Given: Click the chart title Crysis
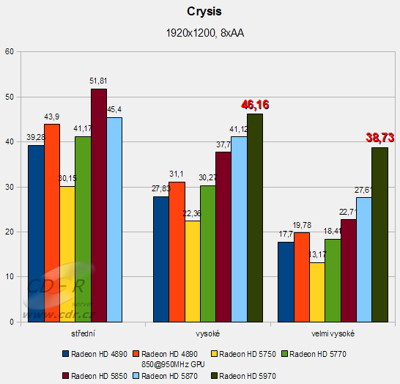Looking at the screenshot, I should tap(199, 12).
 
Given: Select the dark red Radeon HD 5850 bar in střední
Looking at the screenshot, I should tap(98, 205).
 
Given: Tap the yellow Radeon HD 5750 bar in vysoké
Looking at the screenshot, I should tap(193, 271).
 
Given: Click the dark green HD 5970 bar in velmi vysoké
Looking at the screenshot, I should tap(379, 235).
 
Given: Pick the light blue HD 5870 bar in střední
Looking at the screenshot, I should tap(114, 220).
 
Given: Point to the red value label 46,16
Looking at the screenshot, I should tap(255, 106).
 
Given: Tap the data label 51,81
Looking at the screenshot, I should tap(98, 81).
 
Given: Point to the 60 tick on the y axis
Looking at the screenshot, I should tap(9, 51).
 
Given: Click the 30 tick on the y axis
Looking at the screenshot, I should tap(9, 187).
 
